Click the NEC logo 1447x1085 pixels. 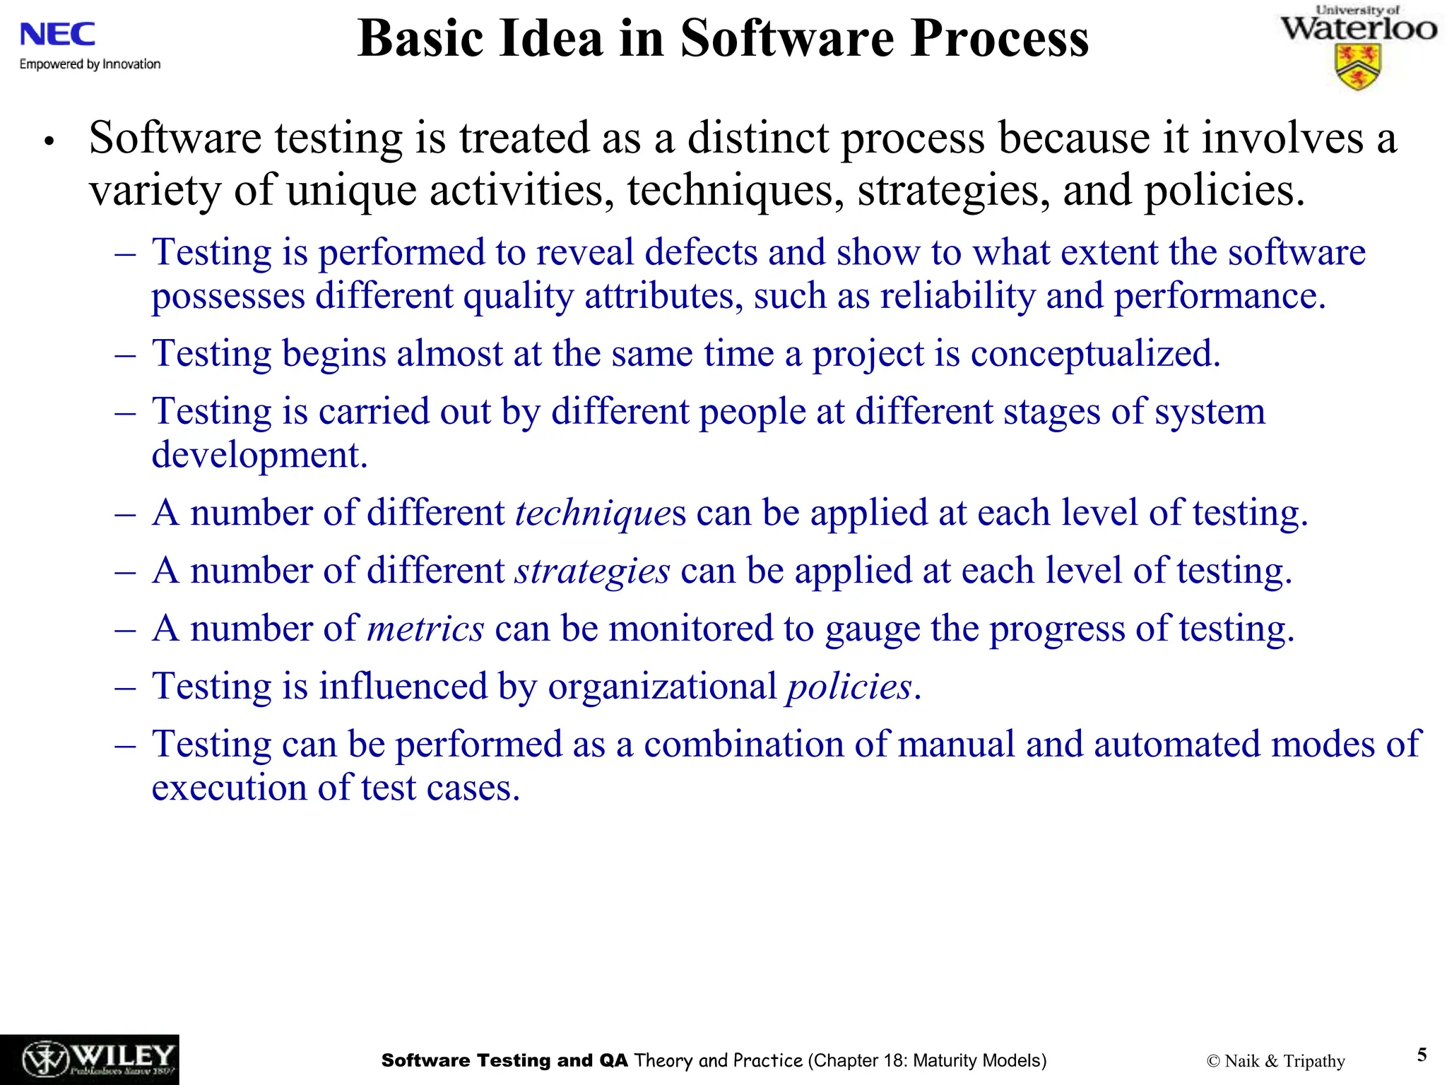(x=57, y=34)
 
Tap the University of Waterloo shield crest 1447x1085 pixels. (x=1357, y=68)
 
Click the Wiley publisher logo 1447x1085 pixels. (x=89, y=1060)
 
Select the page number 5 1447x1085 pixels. (x=1422, y=1055)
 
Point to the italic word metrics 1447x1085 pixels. (x=425, y=629)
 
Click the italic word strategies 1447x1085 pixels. (x=591, y=571)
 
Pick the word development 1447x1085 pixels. (x=259, y=455)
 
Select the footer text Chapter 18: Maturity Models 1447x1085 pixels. (x=927, y=1060)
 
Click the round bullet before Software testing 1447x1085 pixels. (x=48, y=142)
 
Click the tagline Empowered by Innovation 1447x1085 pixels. (x=90, y=64)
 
